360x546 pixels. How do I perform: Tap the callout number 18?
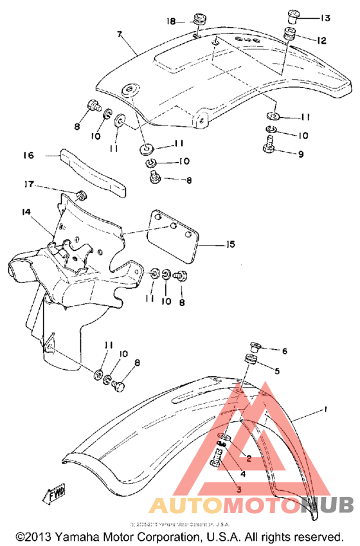(x=172, y=21)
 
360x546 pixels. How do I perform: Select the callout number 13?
(x=325, y=17)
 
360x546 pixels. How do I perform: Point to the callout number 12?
(x=321, y=41)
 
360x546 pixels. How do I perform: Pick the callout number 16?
(x=28, y=155)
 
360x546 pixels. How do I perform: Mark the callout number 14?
(x=25, y=212)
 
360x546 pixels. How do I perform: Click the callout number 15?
(x=230, y=244)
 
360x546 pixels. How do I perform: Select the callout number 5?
(x=277, y=371)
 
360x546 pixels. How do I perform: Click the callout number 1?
(x=326, y=409)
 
